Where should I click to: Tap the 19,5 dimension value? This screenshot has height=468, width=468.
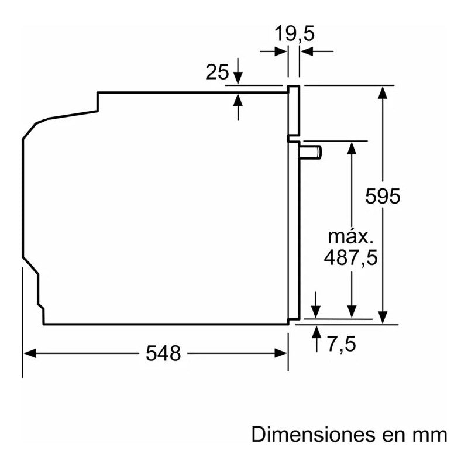coord(295,33)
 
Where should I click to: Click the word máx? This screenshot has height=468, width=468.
coord(350,237)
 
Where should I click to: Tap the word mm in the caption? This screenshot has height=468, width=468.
coord(431,435)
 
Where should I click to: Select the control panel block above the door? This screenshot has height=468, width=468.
coord(294,111)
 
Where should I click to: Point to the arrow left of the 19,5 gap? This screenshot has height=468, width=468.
coord(280,51)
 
